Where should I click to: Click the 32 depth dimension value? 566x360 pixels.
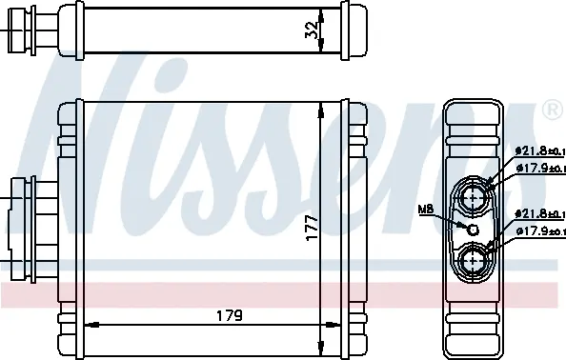[x=310, y=31]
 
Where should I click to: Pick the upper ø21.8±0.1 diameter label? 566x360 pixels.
[x=539, y=150]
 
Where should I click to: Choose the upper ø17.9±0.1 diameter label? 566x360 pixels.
[x=539, y=170]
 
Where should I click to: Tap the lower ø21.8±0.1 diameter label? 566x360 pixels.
[x=539, y=212]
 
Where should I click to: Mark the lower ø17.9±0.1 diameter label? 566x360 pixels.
[x=539, y=230]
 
